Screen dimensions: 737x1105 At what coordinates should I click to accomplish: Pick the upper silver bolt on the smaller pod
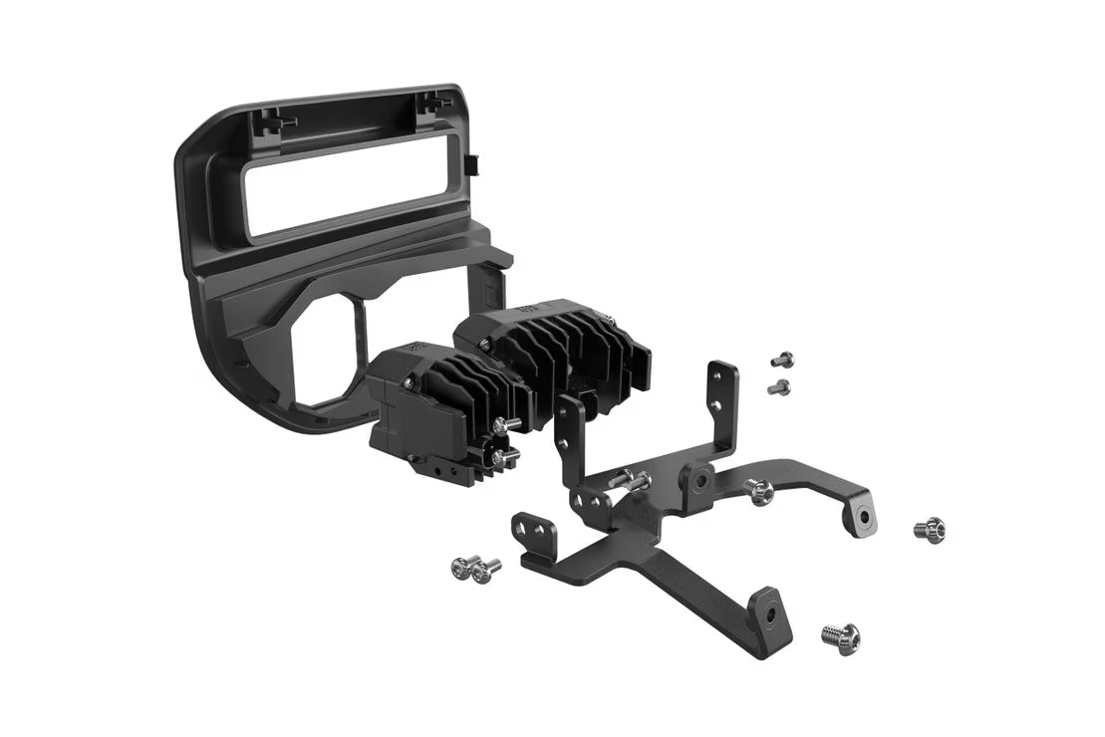[509, 423]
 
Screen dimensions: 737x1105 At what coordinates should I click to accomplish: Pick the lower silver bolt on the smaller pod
[504, 456]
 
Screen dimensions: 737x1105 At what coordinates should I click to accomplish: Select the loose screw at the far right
[929, 529]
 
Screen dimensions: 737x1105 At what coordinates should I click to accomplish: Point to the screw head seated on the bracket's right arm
[760, 490]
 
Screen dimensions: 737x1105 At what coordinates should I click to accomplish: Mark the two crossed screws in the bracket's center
[629, 482]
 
